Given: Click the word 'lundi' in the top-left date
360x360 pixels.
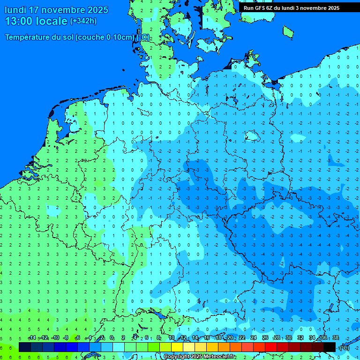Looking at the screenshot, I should [15, 10].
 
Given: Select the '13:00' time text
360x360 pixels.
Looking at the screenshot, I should [19, 21].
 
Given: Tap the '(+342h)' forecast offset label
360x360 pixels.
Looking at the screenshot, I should [83, 21].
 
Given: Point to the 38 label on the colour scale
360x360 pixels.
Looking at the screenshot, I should [335, 338].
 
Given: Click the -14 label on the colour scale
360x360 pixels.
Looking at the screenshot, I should [32, 338].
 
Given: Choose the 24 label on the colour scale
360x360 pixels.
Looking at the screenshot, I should [254, 338].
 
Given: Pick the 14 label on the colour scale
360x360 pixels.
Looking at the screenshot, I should [195, 338].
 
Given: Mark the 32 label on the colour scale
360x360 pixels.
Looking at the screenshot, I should [300, 338].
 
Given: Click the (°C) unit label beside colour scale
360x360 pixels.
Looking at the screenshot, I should [344, 347].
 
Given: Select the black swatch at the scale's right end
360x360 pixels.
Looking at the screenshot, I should [330, 347].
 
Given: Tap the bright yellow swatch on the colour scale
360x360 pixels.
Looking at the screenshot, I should [177, 347].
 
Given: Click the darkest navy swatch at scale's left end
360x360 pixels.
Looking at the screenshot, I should [25, 347].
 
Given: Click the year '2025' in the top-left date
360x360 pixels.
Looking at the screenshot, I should [97, 10].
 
